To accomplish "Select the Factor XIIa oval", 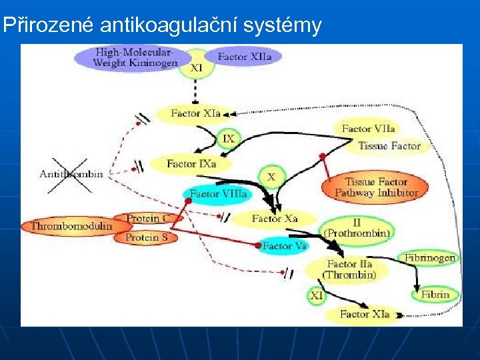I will [x=244, y=57].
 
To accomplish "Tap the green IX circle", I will [x=229, y=139].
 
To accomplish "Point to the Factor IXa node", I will [x=191, y=163].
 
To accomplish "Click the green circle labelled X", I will [x=271, y=177].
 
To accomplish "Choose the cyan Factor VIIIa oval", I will [x=218, y=194].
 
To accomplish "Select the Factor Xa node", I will [x=274, y=218].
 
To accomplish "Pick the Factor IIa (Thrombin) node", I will [x=349, y=269].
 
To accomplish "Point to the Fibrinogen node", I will [x=429, y=258].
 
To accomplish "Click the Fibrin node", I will [x=435, y=294].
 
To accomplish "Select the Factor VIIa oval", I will [x=368, y=129].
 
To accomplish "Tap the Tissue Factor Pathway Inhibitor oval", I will [x=376, y=187].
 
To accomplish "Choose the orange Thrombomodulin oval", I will [x=70, y=227].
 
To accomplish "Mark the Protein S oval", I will [x=143, y=237].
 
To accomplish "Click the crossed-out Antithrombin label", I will [x=71, y=174].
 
